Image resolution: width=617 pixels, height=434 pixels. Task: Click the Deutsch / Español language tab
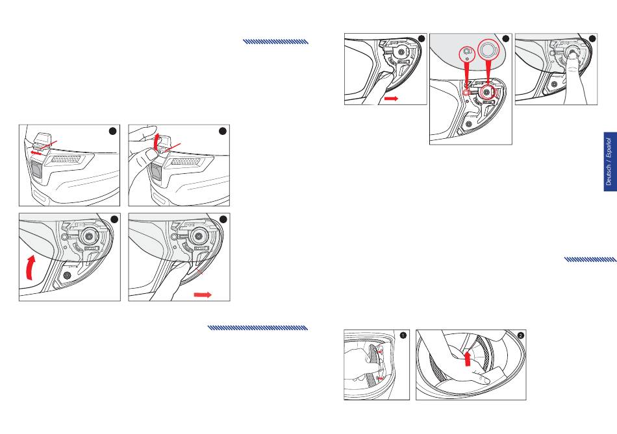click(x=610, y=162)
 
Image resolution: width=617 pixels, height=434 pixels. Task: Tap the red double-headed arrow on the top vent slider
click(x=36, y=152)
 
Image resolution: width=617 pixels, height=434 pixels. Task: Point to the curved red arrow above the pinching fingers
click(x=157, y=141)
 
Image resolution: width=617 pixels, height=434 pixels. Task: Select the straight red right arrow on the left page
click(x=203, y=295)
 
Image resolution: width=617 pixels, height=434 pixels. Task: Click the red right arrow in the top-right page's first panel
click(x=391, y=98)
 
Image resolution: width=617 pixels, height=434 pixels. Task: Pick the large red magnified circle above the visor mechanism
click(x=488, y=50)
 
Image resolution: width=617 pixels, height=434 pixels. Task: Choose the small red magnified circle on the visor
click(x=467, y=53)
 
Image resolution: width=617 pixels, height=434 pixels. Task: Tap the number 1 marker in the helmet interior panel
click(x=403, y=335)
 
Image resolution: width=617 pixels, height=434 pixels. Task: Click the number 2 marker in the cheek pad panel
click(x=521, y=335)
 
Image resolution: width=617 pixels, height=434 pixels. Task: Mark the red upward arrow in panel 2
click(x=468, y=359)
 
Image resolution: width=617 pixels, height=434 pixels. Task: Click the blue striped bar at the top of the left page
click(x=275, y=42)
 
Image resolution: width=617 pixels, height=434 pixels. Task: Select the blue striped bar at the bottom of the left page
click(x=257, y=328)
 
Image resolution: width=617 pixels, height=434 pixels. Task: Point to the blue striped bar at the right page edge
click(x=590, y=259)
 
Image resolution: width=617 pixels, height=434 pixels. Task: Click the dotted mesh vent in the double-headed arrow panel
click(x=66, y=160)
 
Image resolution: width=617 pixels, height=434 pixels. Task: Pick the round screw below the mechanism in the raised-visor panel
click(x=66, y=275)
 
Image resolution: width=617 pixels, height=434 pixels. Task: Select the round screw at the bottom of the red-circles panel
click(x=469, y=124)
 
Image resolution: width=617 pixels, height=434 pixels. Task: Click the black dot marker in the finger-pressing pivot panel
click(x=592, y=38)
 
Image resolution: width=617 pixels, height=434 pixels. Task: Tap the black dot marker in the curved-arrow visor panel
click(x=114, y=219)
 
